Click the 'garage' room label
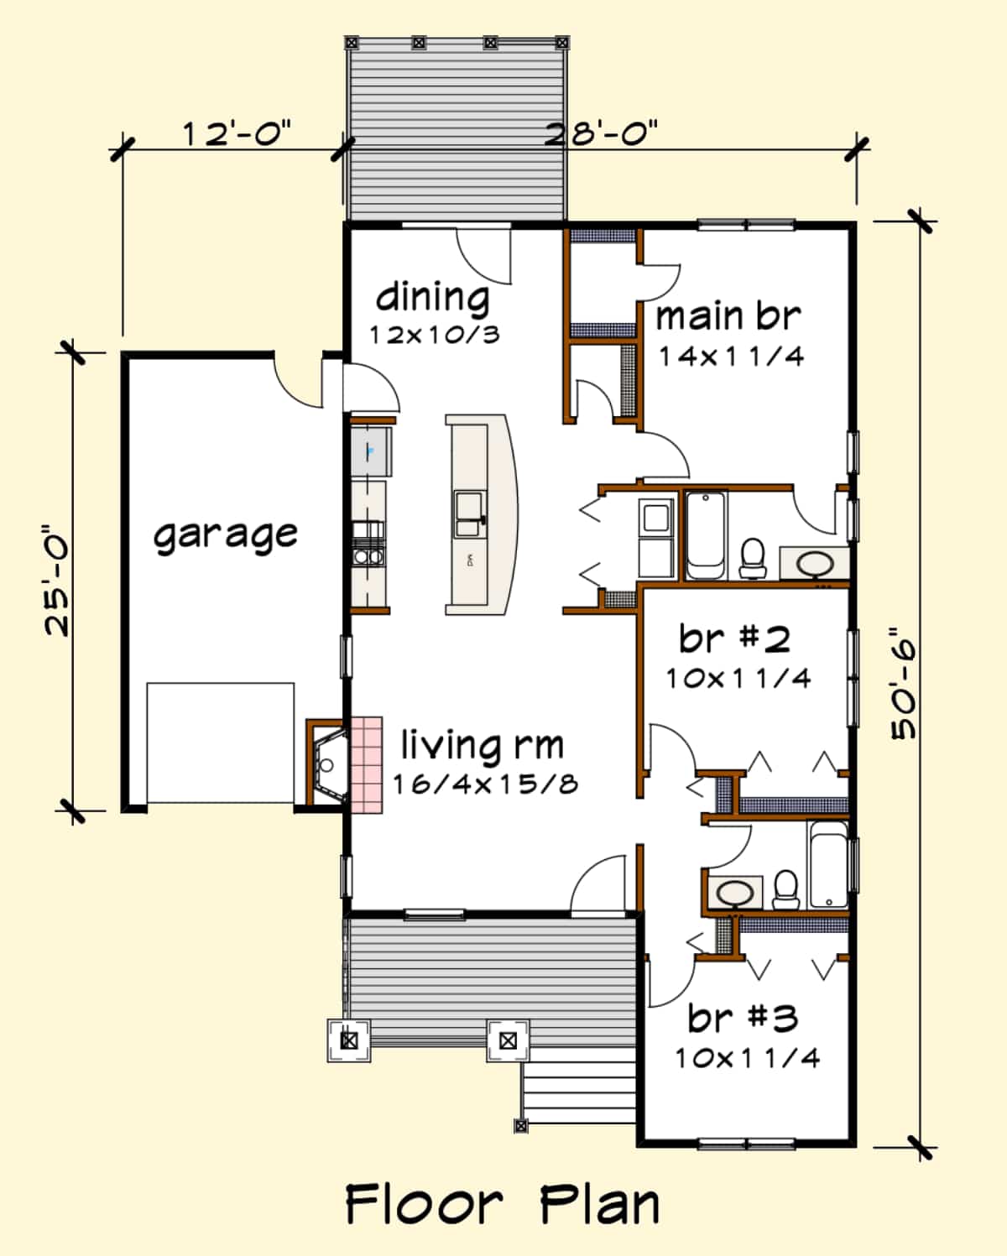(x=225, y=534)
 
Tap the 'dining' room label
(x=432, y=297)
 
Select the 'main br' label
(x=728, y=317)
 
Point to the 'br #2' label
(x=734, y=639)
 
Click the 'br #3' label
(x=742, y=1019)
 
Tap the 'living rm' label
(x=482, y=745)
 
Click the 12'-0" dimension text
(x=237, y=133)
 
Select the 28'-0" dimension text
(x=601, y=133)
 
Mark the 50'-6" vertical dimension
(x=904, y=684)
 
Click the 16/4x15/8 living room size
(x=485, y=784)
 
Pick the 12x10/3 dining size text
(x=435, y=335)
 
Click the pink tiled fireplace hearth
(x=366, y=764)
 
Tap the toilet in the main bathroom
(x=753, y=559)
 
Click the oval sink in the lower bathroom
(x=735, y=893)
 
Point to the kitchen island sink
(x=467, y=513)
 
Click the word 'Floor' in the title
(x=424, y=1205)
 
